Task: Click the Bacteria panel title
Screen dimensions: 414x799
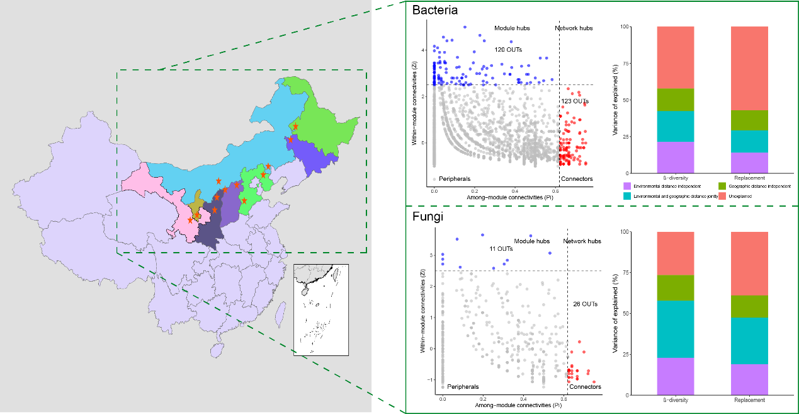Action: click(434, 11)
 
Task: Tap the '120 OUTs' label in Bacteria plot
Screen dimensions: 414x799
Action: click(508, 49)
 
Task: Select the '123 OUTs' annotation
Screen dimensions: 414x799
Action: click(575, 101)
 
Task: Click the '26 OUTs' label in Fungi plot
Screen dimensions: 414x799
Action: click(585, 304)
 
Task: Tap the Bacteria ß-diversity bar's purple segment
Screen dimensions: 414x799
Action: click(676, 158)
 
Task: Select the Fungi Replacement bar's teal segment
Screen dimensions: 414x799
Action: click(750, 340)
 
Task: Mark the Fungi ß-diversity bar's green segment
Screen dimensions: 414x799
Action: click(676, 288)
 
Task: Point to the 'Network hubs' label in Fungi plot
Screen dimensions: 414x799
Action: click(582, 241)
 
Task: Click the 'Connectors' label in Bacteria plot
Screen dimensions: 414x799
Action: click(576, 179)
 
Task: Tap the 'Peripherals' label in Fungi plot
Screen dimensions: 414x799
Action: click(463, 387)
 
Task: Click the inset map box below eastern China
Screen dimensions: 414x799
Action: click(320, 310)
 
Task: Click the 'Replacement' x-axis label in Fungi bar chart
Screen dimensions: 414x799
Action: click(749, 400)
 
